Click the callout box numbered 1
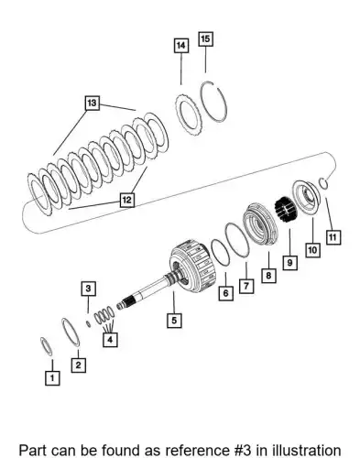click(x=52, y=377)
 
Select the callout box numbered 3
click(x=88, y=289)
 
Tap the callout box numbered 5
click(x=174, y=321)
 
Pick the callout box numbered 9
click(x=289, y=262)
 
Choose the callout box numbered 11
click(x=333, y=237)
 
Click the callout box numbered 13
click(x=92, y=103)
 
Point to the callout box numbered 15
click(x=205, y=38)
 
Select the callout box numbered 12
click(x=126, y=200)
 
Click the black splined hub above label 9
click(x=287, y=210)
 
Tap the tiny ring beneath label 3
click(x=88, y=323)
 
